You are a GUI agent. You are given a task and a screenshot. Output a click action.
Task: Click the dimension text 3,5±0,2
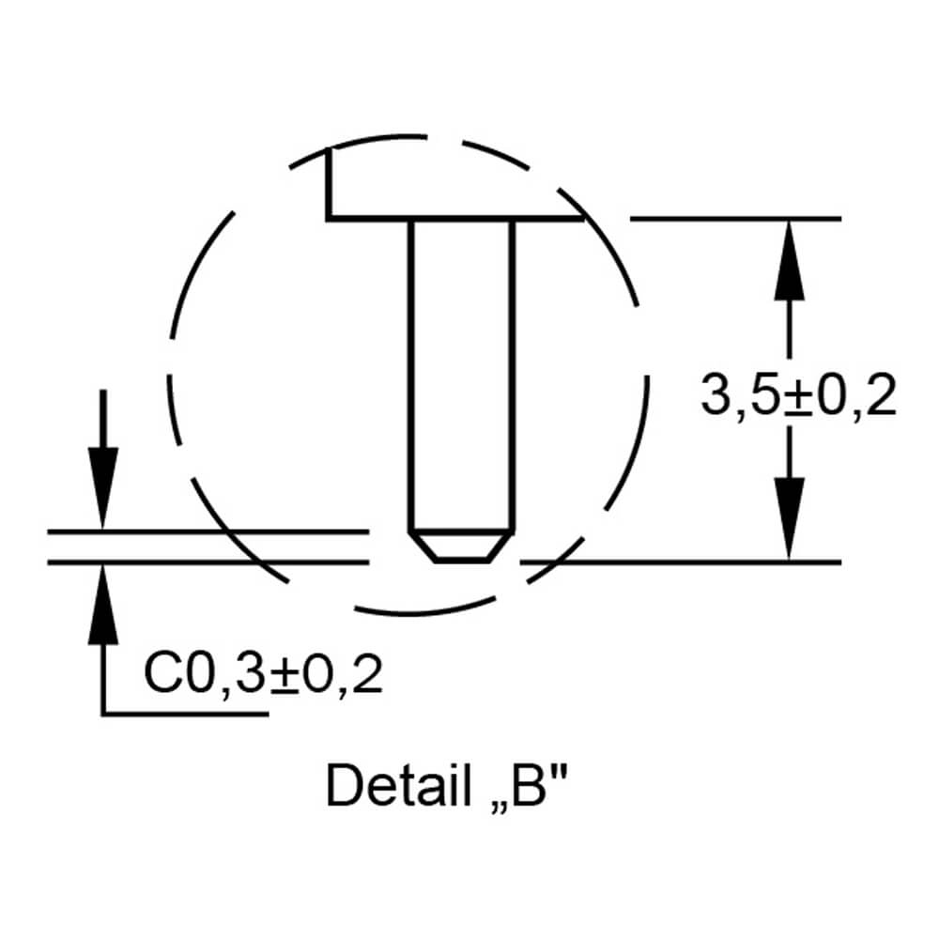[x=798, y=394]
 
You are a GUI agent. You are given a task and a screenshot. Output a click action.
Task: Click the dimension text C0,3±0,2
[x=263, y=674]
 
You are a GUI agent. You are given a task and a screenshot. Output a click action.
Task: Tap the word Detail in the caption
[x=399, y=785]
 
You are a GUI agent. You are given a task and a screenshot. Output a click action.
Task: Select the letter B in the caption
[x=529, y=785]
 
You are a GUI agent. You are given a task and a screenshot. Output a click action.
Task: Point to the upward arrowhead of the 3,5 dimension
[x=789, y=260]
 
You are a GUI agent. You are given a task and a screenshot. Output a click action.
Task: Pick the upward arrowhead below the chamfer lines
[x=103, y=605]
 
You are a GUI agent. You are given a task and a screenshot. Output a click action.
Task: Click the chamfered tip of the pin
[x=461, y=546]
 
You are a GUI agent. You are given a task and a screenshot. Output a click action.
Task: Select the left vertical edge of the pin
[x=411, y=376]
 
